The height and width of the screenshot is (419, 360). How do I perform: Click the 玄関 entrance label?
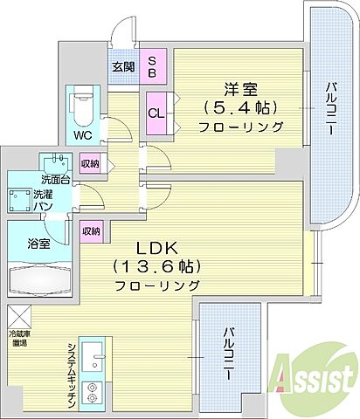coord(121,65)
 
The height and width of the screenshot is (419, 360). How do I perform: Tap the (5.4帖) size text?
coord(238,107)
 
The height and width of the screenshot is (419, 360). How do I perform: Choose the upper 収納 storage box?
coord(90,163)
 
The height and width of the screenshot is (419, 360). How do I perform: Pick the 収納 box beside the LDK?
coord(90,230)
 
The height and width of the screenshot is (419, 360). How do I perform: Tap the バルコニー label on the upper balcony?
coord(333,113)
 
